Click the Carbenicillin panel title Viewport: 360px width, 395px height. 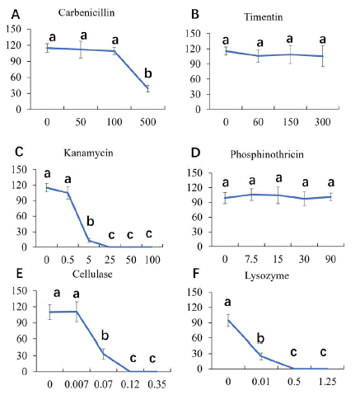coord(86,12)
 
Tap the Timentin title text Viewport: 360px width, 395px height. coord(264,17)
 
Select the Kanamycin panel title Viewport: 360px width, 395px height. coord(88,153)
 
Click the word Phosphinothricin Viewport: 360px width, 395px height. coord(267,154)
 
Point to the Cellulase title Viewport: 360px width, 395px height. coord(92,274)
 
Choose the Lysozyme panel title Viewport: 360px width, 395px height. coord(267,275)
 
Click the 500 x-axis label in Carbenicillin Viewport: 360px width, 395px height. coord(148,122)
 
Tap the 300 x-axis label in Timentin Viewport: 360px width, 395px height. coord(323,122)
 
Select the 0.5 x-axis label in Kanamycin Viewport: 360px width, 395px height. coord(68,260)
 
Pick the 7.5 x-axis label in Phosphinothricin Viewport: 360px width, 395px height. coord(251,259)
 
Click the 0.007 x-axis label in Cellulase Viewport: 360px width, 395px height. coord(77,384)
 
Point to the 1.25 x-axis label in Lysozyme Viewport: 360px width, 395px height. coord(328,382)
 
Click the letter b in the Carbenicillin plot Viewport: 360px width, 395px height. coord(148,73)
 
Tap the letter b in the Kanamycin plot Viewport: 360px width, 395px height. coord(91,221)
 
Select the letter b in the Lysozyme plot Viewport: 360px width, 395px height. coord(260,338)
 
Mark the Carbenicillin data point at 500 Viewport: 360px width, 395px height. coord(148,88)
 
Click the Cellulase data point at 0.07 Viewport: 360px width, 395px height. coord(104,354)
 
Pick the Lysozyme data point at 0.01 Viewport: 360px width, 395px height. coord(261,356)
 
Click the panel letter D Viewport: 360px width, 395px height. coord(195,153)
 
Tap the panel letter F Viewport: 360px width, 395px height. coord(195,274)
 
